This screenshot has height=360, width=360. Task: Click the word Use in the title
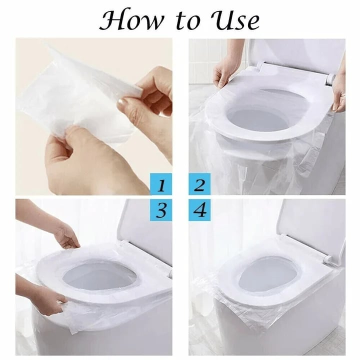(235, 20)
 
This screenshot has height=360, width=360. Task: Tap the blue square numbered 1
(161, 184)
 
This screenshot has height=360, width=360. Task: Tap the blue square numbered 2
(199, 184)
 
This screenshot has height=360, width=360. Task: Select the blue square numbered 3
(161, 210)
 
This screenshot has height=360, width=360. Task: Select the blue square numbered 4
(199, 210)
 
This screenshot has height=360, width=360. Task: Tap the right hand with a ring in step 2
(339, 92)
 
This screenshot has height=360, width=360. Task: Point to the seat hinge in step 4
(327, 259)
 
